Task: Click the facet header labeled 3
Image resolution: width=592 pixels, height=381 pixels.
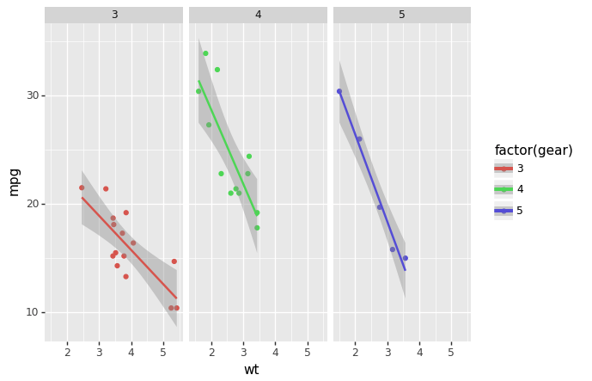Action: (x=114, y=15)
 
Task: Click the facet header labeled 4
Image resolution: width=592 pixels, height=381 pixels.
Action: (x=258, y=15)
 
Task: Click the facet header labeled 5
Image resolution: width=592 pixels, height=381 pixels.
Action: (x=401, y=15)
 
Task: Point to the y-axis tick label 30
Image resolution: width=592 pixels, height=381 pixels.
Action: (x=33, y=95)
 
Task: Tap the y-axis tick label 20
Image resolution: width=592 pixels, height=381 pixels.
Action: (x=33, y=204)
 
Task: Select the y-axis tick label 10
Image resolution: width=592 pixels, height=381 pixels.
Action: (x=33, y=312)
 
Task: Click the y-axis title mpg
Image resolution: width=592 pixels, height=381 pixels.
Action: (x=14, y=181)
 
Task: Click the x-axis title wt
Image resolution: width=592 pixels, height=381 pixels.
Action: (x=251, y=370)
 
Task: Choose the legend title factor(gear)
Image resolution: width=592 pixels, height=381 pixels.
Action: (x=534, y=151)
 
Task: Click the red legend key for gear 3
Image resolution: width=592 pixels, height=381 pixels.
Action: (x=504, y=169)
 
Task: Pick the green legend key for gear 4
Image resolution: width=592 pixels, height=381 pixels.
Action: (x=504, y=189)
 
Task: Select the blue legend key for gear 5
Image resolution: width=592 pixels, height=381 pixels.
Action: (x=504, y=211)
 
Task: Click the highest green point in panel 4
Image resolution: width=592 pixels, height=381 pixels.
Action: (x=205, y=53)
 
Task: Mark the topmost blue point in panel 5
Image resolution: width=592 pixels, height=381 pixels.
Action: (x=339, y=91)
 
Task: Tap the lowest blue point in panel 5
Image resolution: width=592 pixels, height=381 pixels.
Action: (x=406, y=258)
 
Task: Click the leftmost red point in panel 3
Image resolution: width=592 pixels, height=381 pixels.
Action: (x=82, y=187)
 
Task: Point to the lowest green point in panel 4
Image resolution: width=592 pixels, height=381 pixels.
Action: (x=257, y=228)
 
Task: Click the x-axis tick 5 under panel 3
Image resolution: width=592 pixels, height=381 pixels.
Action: (x=163, y=352)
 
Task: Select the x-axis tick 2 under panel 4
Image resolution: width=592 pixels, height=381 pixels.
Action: (x=211, y=352)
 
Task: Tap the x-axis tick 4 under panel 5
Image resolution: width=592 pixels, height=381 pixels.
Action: (x=419, y=352)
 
